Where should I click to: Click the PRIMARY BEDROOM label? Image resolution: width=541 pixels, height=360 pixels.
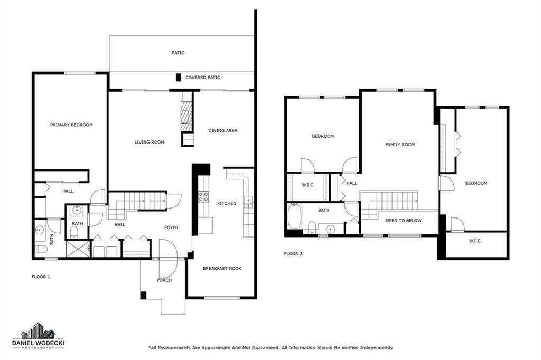71,125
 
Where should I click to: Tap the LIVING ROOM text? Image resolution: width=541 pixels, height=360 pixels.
150,142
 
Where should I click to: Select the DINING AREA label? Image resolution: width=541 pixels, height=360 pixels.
222,131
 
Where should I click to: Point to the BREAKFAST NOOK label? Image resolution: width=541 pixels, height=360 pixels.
222,268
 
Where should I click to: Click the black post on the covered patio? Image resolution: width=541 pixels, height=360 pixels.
179,78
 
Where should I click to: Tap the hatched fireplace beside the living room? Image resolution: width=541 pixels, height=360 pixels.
186,116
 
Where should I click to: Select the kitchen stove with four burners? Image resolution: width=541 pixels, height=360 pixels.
203,197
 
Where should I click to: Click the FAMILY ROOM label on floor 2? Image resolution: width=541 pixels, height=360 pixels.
400,145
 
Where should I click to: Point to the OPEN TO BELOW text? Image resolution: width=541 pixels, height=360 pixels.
403,221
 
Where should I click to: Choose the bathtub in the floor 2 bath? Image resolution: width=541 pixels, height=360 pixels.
294,216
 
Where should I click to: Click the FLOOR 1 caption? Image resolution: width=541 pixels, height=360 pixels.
41,277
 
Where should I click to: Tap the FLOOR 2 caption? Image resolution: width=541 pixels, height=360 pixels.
293,254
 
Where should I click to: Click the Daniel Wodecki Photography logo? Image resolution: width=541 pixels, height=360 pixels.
38,336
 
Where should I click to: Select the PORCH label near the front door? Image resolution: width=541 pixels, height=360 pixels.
164,280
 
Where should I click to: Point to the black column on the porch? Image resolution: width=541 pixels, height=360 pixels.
143,296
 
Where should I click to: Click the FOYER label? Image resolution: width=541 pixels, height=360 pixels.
172,228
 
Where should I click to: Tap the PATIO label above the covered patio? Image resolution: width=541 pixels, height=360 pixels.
178,53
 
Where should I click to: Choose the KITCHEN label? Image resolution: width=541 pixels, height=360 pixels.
227,203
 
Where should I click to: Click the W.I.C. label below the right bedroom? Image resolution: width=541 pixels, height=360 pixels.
475,241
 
